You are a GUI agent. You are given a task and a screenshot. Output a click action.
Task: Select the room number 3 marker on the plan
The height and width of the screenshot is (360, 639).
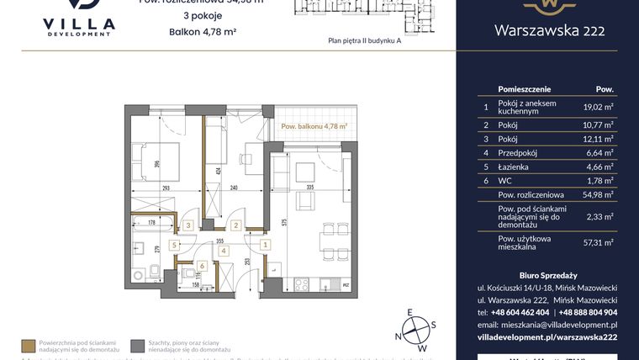pos(189,225)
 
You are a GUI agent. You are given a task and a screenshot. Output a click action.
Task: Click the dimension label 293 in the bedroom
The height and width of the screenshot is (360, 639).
pos(166,188)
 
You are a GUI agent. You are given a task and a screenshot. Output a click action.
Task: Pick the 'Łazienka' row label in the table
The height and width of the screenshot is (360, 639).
pos(515,168)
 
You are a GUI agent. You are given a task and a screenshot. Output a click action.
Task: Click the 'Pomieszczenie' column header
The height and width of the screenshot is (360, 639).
pos(525,88)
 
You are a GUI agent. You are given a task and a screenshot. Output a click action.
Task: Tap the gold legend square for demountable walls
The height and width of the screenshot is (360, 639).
pos(29,345)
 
